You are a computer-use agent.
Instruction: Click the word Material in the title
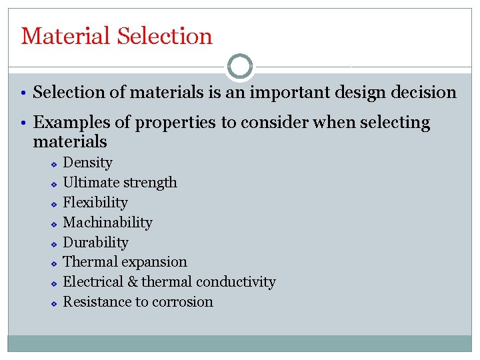pyautogui.click(x=66, y=36)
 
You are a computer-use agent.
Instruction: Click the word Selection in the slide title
pyautogui.click(x=165, y=36)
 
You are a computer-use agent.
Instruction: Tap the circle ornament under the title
pyautogui.click(x=240, y=66)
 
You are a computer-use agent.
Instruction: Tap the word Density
pyautogui.click(x=87, y=163)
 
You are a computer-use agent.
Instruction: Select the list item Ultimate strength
pyautogui.click(x=120, y=183)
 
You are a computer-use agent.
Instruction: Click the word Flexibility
pyautogui.click(x=95, y=203)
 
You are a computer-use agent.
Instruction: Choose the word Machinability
pyautogui.click(x=107, y=223)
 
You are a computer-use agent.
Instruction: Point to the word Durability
pyautogui.click(x=95, y=243)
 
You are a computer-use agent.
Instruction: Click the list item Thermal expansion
pyautogui.click(x=125, y=262)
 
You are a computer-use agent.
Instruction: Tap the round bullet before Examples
pyautogui.click(x=25, y=123)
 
